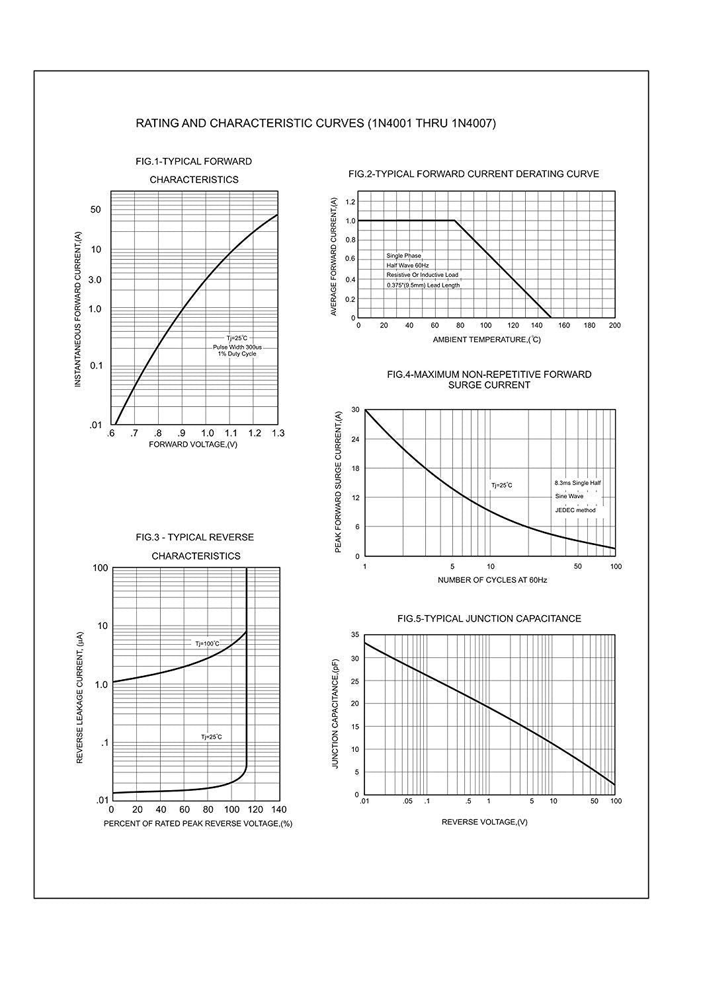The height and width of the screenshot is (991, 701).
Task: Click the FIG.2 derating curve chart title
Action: coord(474,174)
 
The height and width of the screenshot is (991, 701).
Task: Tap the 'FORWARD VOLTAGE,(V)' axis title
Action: coord(193,445)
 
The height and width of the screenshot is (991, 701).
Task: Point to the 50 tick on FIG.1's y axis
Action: coord(96,209)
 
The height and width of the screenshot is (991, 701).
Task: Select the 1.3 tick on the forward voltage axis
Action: coord(278,433)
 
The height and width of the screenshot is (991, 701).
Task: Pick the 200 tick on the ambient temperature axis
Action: coord(614,325)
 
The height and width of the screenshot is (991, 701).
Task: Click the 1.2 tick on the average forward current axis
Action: coord(350,202)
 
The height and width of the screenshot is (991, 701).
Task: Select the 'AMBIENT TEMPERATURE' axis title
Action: coord(487,340)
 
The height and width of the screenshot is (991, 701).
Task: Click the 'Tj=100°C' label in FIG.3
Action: coord(207,643)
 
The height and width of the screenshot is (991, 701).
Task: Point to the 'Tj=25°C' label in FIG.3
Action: coord(212,737)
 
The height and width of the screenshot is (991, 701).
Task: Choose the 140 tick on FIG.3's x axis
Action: coord(279,809)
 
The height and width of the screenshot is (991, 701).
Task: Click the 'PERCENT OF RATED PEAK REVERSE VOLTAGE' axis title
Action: coord(198,824)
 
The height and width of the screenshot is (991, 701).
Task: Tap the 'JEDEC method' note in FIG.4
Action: coord(575,510)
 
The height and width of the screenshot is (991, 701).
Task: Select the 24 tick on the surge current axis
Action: coord(355,439)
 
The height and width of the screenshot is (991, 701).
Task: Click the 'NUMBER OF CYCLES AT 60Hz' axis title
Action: coord(492,580)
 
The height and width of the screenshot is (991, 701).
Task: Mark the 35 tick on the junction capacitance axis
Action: coord(355,635)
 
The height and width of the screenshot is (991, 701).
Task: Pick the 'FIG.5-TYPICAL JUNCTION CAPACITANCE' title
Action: coord(489,619)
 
